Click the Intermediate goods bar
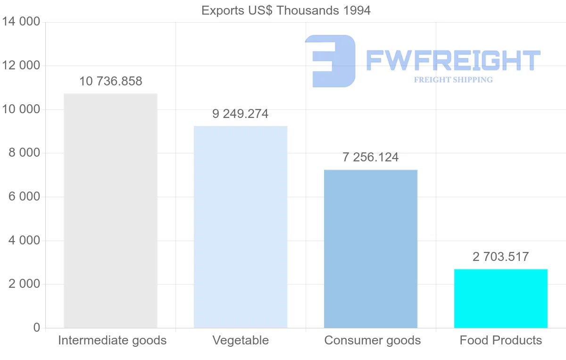pos(110,210)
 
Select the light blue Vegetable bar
pos(241,226)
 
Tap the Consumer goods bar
pos(371,249)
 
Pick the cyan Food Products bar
pos(500,298)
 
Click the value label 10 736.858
pos(110,81)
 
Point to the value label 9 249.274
pos(241,114)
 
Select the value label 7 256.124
pos(371,157)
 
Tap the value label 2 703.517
pos(500,257)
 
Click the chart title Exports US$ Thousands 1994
pos(286,10)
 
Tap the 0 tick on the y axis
pos(37,328)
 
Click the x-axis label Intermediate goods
pos(112,340)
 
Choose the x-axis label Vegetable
pos(241,340)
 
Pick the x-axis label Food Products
pos(500,340)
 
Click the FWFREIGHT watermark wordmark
pos(453,60)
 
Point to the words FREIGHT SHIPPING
pos(453,80)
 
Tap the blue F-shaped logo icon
pos(330,61)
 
